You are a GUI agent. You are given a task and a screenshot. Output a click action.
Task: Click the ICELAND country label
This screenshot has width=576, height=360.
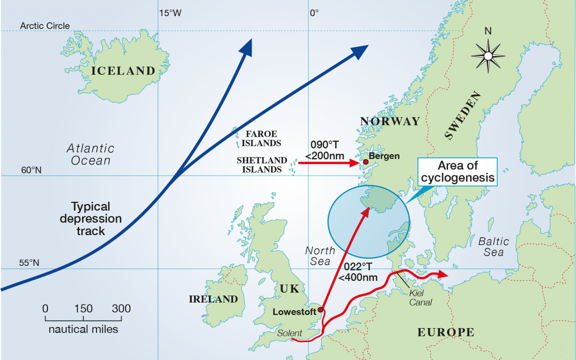123,71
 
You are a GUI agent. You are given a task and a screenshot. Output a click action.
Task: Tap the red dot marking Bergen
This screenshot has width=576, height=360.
366,162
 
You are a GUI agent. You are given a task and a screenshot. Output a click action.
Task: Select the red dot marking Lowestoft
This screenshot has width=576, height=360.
320,310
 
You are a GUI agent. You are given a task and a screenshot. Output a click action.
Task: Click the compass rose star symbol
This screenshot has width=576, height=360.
488,56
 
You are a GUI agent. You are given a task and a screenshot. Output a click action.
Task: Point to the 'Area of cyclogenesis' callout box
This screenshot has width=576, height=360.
457,172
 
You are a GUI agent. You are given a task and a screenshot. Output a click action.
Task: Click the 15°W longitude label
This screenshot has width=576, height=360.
170,13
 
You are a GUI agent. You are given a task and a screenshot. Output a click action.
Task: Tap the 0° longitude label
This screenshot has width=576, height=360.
314,13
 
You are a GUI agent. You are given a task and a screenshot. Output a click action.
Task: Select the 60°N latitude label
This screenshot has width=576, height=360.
31,170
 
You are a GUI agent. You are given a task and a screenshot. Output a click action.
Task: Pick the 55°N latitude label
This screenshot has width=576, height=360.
29,263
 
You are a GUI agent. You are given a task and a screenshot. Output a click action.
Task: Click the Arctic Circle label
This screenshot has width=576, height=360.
45,26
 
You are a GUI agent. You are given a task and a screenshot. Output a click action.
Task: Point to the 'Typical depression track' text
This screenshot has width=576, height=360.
91,219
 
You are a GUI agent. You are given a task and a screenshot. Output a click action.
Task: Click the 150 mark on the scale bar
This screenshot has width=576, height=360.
83,309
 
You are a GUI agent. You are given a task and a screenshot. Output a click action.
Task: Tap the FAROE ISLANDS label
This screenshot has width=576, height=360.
261,139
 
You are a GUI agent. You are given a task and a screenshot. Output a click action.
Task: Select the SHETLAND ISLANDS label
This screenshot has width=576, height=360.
262,165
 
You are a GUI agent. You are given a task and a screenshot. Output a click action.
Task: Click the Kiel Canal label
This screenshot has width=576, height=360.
420,298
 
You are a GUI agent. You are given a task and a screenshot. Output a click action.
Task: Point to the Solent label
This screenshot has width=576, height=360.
289,333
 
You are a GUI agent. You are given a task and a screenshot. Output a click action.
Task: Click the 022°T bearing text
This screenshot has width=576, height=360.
358,267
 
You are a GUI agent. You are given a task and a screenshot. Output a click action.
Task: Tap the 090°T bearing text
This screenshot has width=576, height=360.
325,145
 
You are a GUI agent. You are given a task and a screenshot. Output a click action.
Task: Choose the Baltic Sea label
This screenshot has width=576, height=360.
493,247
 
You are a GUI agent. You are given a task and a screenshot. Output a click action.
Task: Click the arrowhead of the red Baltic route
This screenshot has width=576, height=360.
444,274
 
